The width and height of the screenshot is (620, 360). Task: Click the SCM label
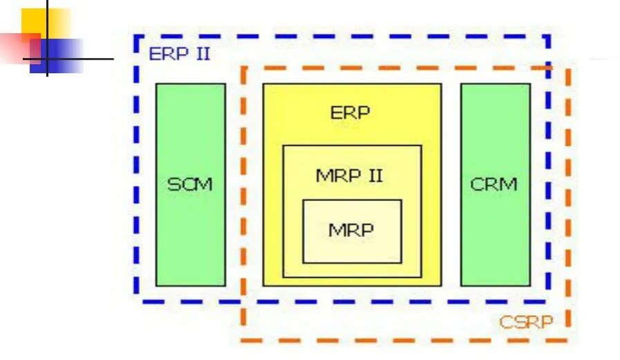190,185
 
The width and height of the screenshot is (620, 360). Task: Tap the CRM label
494,185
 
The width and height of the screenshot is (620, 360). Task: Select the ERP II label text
180,54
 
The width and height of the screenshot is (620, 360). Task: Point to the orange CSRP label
526,322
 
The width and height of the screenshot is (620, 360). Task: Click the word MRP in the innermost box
351,231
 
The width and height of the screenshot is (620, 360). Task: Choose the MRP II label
349,176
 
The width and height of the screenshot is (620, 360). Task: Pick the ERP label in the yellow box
350,113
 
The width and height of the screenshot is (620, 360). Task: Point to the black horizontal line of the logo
90,59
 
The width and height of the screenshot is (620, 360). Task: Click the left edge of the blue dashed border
136,173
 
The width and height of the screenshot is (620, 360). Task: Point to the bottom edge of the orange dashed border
401,340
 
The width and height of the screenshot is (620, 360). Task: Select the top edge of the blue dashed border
346,37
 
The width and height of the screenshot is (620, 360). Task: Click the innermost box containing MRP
352,249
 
